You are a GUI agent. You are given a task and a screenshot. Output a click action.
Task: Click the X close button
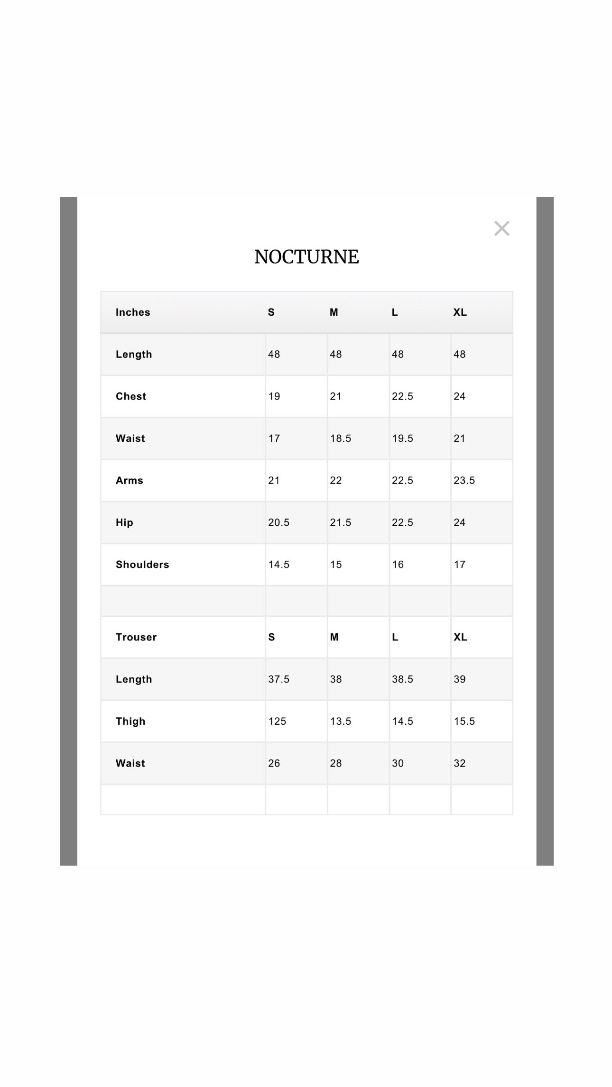(501, 228)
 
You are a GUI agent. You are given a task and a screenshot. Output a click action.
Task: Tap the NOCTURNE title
(306, 257)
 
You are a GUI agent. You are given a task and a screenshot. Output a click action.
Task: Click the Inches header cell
(133, 312)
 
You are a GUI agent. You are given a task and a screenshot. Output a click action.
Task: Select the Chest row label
(131, 396)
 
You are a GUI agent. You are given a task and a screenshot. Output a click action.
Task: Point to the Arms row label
(130, 480)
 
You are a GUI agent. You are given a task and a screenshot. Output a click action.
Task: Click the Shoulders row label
(142, 564)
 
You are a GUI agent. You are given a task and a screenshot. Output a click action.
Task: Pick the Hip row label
(124, 522)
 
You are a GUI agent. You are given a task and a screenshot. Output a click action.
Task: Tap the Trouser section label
(136, 637)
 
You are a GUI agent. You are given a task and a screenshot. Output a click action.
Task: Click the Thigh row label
(130, 721)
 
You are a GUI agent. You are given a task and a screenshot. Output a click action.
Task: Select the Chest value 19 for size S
(274, 396)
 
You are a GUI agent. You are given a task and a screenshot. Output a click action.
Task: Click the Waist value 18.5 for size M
(341, 438)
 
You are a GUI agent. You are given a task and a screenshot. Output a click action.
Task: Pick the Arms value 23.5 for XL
(464, 480)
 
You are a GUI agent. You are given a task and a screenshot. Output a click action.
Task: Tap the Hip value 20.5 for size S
(278, 522)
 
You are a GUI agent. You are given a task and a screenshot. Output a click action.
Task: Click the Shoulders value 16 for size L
(398, 564)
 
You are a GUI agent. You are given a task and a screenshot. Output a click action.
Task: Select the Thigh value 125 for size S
(277, 721)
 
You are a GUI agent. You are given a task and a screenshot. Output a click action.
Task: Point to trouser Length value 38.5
(402, 679)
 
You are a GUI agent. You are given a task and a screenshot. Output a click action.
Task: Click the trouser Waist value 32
(459, 763)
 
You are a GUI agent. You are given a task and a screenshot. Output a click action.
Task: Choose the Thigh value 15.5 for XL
(464, 721)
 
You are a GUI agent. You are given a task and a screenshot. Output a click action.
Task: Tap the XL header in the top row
(460, 312)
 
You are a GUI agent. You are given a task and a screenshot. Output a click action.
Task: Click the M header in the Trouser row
(334, 637)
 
